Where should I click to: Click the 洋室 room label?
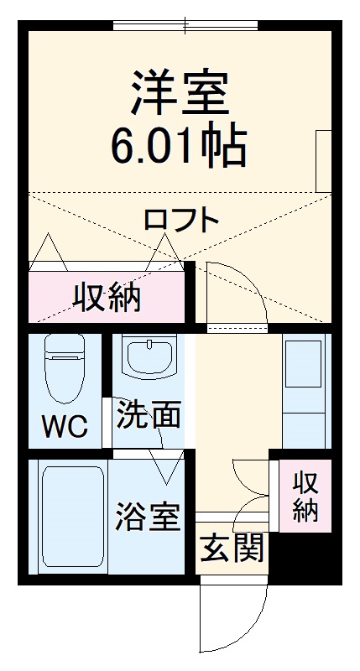179,95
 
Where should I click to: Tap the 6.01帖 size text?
179,147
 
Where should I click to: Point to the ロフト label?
181,220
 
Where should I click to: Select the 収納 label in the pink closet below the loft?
106,297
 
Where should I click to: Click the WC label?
65,428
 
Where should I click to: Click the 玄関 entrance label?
232,549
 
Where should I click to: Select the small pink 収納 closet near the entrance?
305,497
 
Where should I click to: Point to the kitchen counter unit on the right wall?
304,390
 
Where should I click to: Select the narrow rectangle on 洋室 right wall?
323,159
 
